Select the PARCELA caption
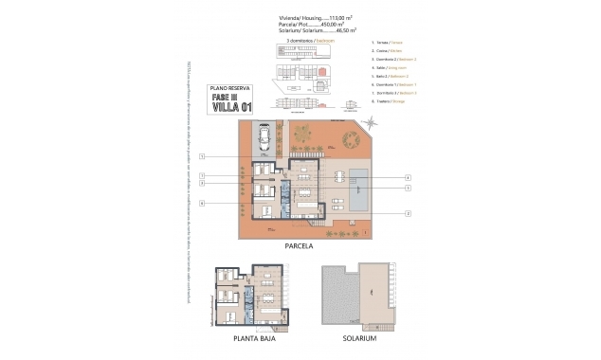(299, 245)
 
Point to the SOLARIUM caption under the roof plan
(360, 338)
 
